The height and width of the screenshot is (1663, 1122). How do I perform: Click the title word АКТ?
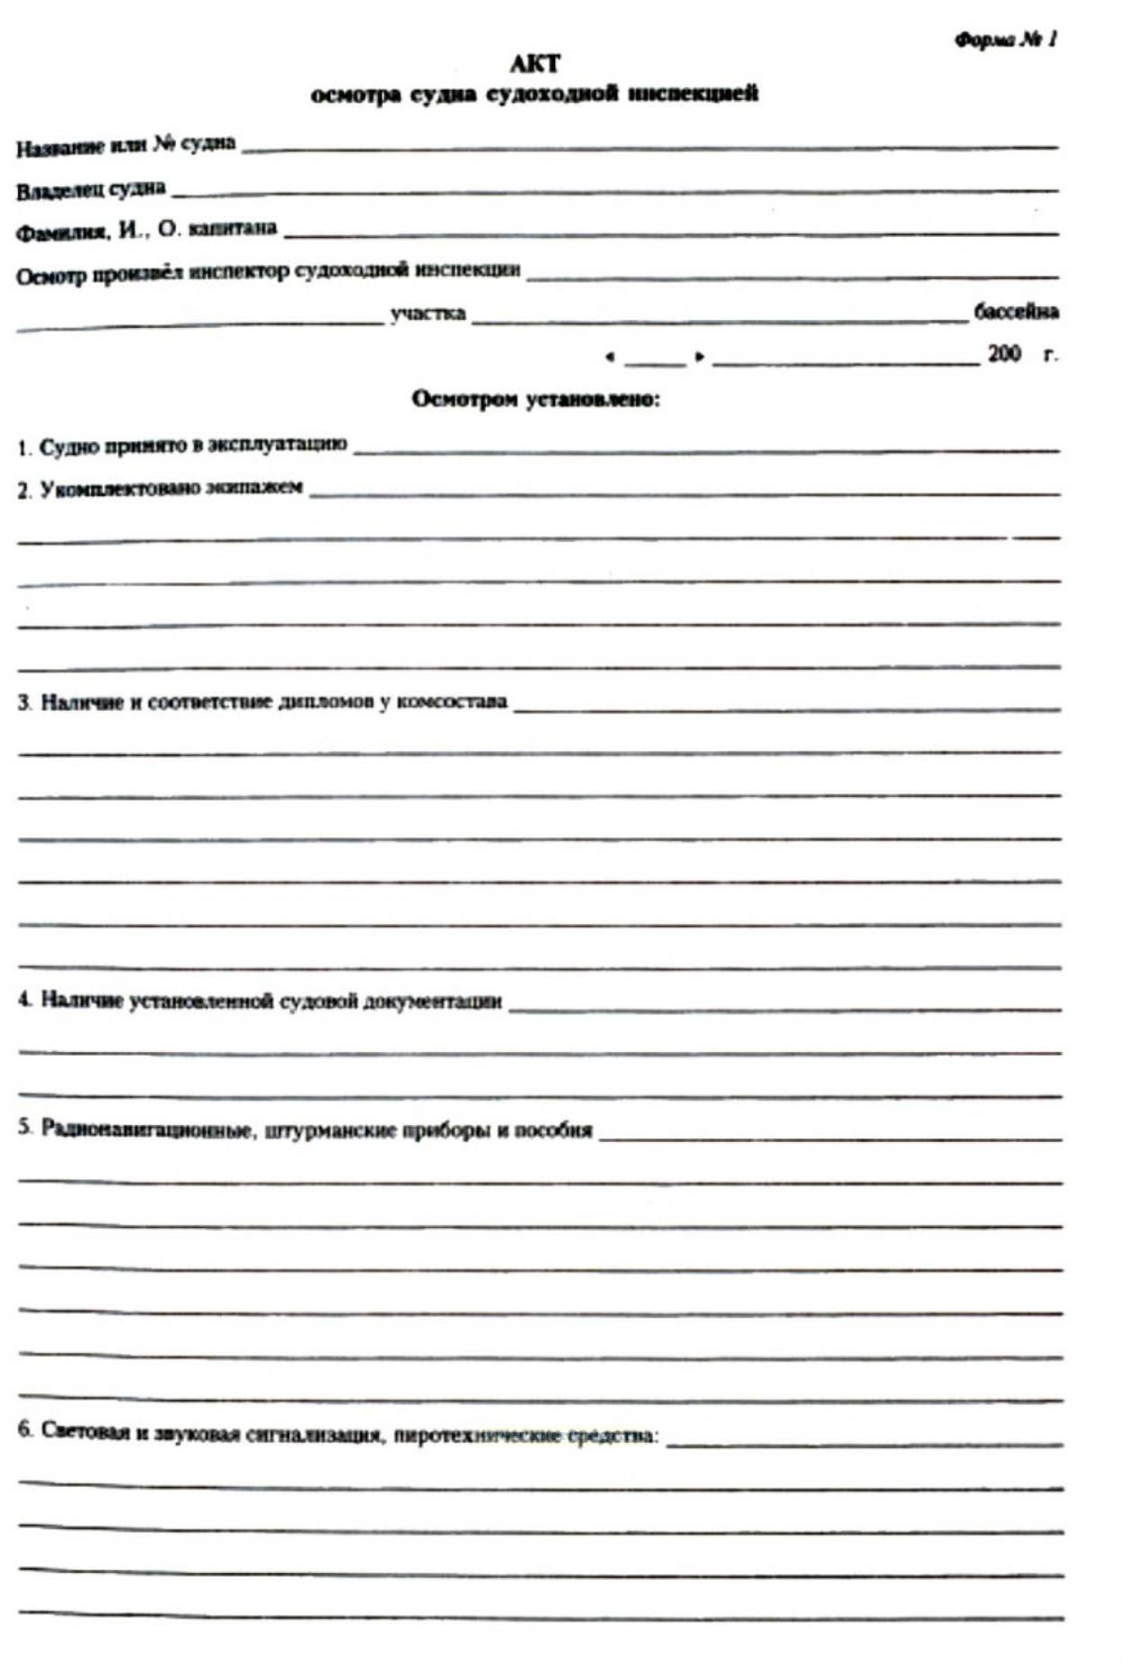pos(534,64)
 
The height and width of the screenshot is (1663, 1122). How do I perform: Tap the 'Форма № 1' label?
pos(1005,40)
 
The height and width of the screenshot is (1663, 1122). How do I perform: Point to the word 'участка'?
pos(428,314)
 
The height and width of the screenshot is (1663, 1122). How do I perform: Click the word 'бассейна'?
pos(1016,312)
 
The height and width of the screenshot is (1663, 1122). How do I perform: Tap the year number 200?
pos(1003,354)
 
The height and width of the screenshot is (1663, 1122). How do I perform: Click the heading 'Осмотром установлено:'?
pos(535,399)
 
